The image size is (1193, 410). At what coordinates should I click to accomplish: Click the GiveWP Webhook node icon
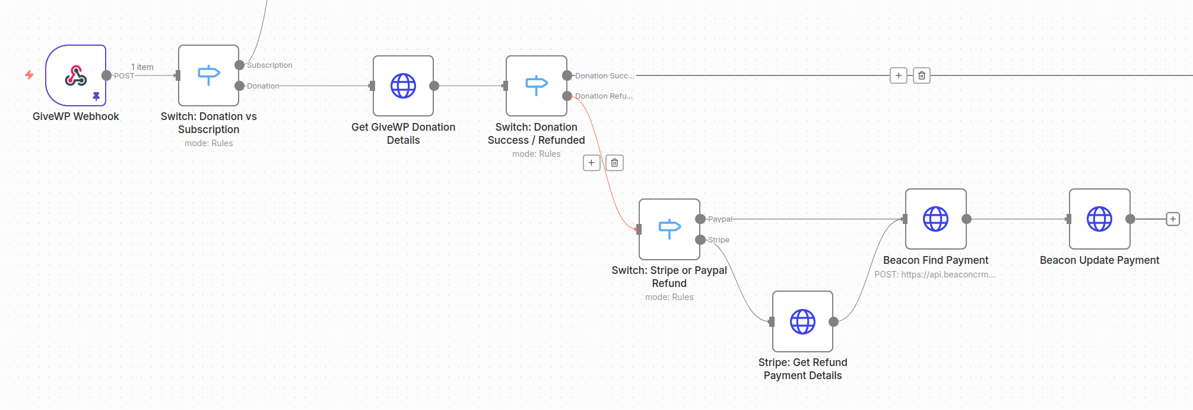pos(76,75)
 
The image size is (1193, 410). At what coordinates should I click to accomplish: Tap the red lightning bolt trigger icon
pos(29,75)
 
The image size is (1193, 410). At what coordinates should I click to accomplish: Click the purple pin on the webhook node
pos(96,96)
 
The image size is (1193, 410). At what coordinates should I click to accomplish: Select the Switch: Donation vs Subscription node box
pos(208,75)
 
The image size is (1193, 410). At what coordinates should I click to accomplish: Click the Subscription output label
pos(269,65)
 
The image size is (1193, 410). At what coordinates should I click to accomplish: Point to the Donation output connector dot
pos(239,86)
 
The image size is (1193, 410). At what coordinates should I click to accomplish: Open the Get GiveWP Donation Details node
pos(403,86)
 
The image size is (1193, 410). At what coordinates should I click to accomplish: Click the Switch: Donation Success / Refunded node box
pos(536,86)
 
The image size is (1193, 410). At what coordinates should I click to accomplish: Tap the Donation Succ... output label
pos(604,76)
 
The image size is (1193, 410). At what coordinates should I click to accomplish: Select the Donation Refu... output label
pos(604,96)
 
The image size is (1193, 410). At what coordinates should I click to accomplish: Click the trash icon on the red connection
pos(614,163)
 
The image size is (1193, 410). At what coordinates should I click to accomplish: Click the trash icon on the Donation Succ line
pos(921,75)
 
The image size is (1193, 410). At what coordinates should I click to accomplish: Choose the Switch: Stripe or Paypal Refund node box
pos(669,229)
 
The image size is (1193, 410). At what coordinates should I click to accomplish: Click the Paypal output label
pos(720,219)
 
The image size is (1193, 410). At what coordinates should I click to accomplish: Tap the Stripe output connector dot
pos(700,239)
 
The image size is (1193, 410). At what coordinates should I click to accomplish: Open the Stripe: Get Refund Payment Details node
pos(802,321)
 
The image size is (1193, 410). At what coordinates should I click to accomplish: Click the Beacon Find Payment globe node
pos(935,219)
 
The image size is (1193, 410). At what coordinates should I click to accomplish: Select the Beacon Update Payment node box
pos(1099,219)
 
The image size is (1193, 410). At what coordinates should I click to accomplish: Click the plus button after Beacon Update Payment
pos(1173,219)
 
